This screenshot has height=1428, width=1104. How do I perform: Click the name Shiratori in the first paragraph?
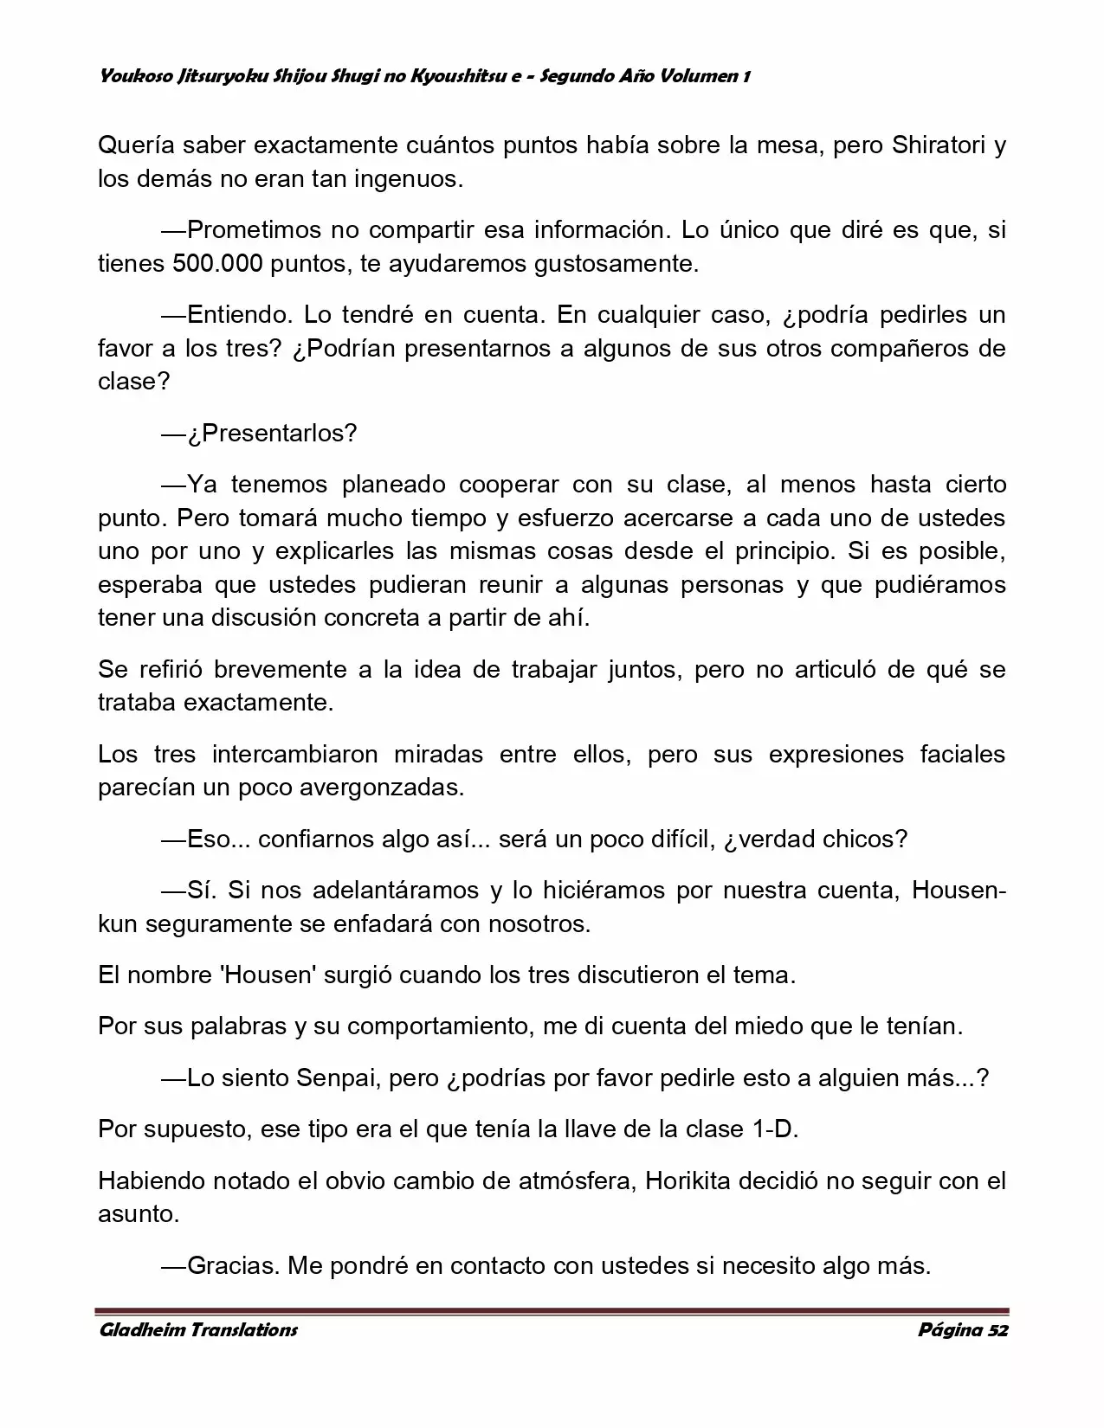pyautogui.click(x=938, y=145)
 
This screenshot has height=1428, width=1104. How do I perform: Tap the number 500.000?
pyautogui.click(x=217, y=264)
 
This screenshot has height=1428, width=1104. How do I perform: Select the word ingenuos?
pyautogui.click(x=410, y=179)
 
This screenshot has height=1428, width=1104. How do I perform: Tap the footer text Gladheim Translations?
pyautogui.click(x=198, y=1330)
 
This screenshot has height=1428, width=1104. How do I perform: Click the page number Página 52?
pyautogui.click(x=963, y=1330)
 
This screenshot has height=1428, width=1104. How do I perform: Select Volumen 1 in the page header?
pyautogui.click(x=704, y=76)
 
